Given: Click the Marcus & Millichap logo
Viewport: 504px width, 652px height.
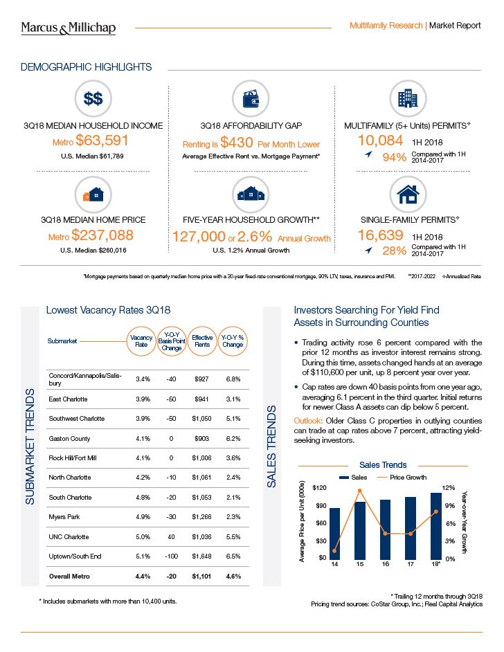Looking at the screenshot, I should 68,28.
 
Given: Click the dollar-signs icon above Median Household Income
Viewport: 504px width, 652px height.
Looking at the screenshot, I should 93,98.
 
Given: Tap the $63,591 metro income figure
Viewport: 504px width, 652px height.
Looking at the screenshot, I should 101,142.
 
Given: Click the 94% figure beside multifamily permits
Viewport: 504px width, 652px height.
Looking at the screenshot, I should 395,157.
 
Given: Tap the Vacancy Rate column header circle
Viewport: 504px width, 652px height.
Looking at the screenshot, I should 141,341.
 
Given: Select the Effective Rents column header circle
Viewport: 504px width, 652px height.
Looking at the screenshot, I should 202,341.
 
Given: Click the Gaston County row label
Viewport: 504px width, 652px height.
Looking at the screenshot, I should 69,438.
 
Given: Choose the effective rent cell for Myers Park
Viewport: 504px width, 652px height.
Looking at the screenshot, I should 202,517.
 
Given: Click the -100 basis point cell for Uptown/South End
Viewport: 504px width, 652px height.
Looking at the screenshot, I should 172,556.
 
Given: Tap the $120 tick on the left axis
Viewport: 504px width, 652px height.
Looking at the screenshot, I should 318,489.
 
